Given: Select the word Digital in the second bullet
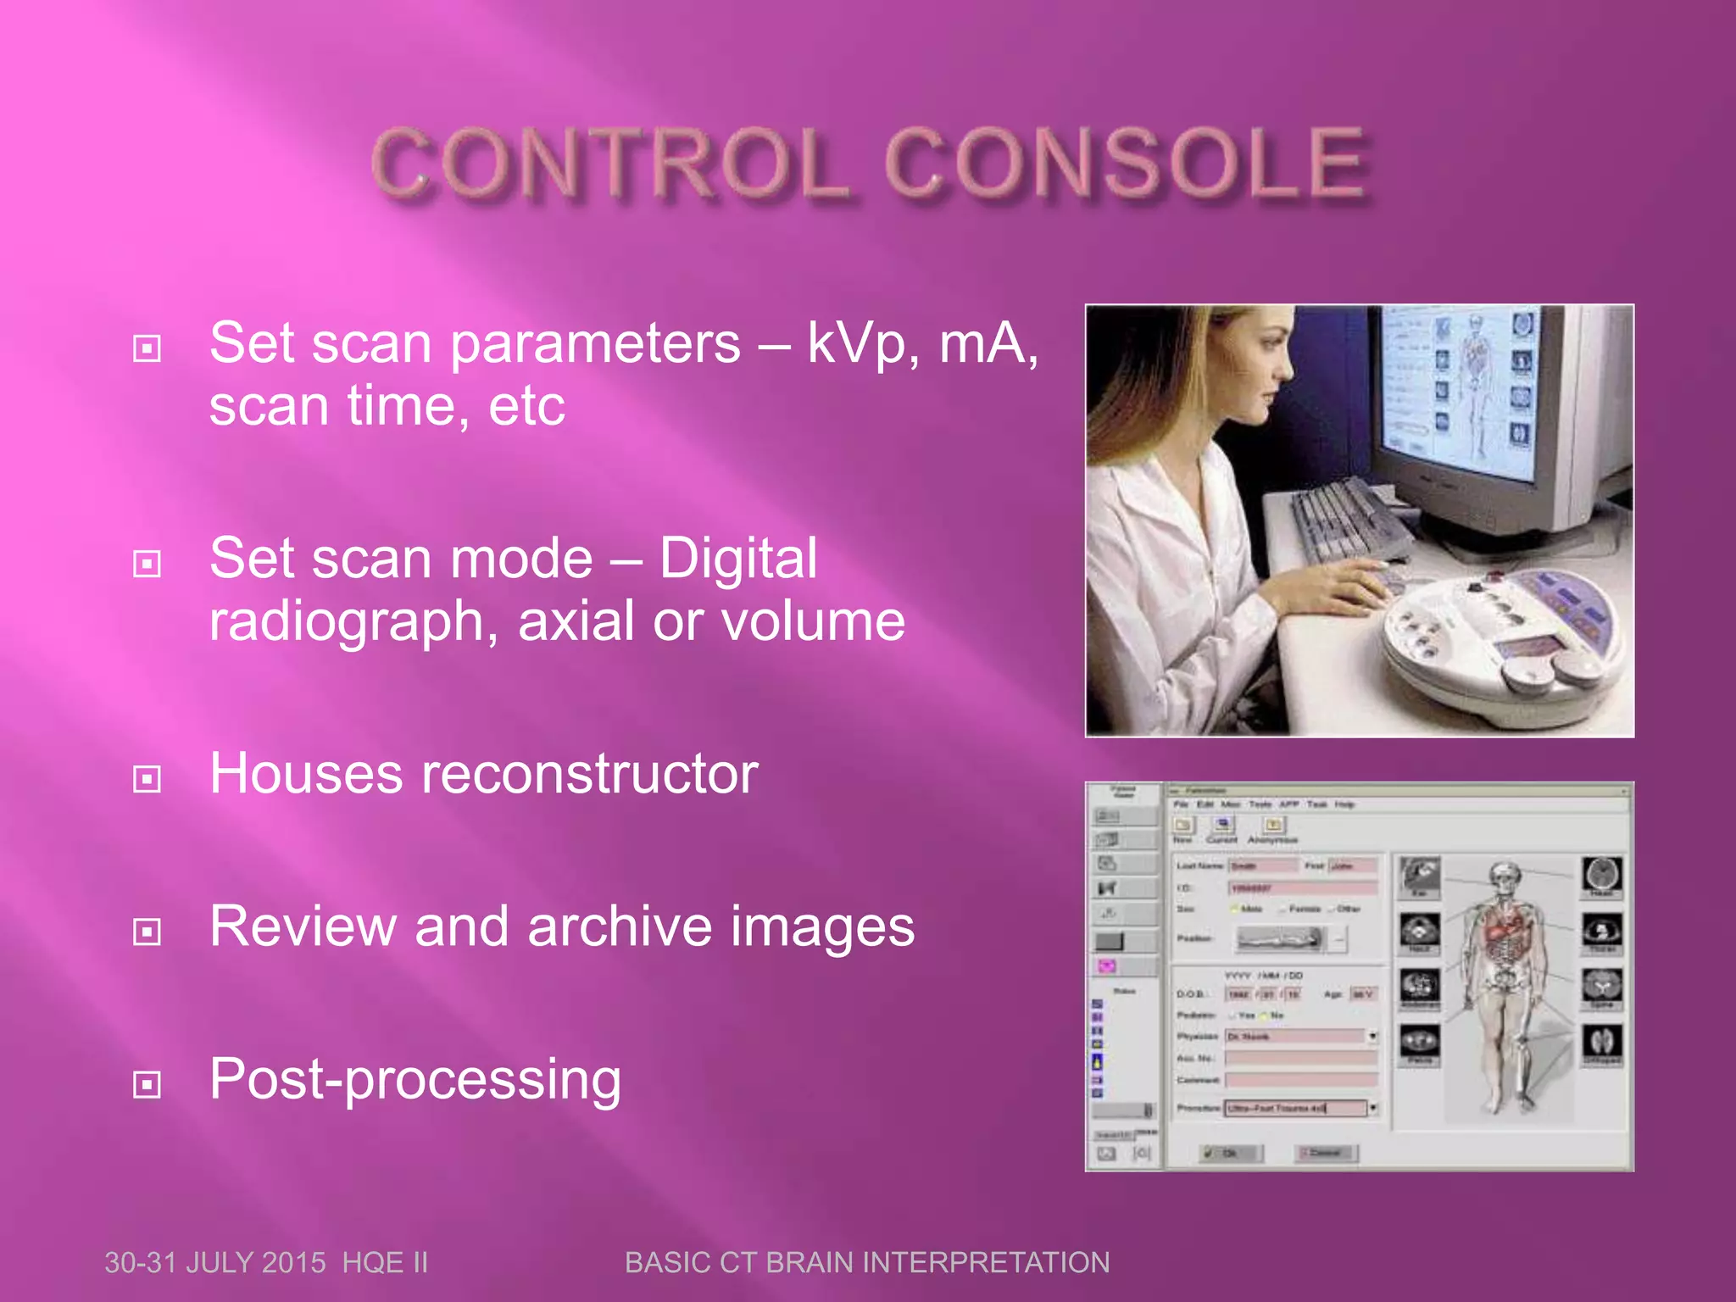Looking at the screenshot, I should (737, 559).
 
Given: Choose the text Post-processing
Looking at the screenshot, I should (415, 1080).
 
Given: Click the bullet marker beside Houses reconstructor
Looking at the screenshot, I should (147, 779).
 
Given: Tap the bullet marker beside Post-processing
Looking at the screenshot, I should (147, 1084).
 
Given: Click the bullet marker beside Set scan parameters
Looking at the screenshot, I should (147, 348).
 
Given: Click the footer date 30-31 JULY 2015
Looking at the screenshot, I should (215, 1263).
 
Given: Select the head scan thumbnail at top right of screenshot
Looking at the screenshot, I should (1601, 875).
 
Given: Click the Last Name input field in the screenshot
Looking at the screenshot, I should (1263, 865).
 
